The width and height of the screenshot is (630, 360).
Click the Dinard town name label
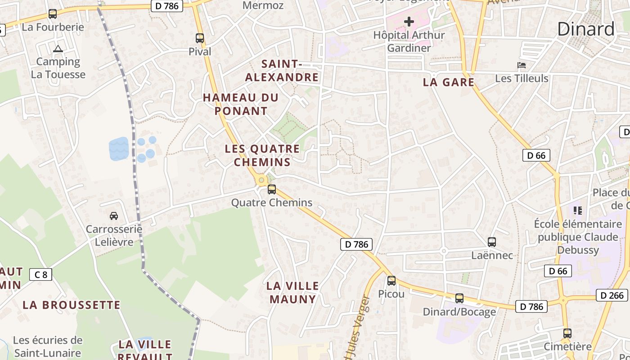[585, 29]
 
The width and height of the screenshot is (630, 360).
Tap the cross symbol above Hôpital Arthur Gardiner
[409, 22]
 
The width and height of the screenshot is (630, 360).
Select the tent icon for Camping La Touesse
[58, 49]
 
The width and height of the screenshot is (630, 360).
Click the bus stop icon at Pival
[200, 38]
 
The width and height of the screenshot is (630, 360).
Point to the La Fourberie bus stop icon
[53, 14]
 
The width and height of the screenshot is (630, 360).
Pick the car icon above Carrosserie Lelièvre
[114, 216]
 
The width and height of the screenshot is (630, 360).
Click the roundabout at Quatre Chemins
[261, 180]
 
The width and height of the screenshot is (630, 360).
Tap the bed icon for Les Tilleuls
[522, 65]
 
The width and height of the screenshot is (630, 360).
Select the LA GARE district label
[449, 82]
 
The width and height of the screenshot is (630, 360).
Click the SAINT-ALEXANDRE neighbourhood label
[282, 71]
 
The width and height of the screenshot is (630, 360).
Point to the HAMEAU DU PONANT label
[241, 104]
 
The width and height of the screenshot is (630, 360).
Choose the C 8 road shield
[40, 274]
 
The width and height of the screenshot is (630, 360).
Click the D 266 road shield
[612, 295]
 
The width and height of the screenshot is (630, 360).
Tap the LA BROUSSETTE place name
[72, 305]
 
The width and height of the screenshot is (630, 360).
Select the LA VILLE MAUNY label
[292, 292]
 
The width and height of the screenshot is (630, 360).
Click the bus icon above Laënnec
[492, 242]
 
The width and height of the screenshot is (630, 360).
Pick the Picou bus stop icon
[391, 281]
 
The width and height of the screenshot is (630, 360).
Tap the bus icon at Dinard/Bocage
[459, 298]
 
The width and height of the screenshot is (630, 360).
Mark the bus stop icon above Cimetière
[567, 333]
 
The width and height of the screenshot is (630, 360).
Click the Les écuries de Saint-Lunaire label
[47, 346]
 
